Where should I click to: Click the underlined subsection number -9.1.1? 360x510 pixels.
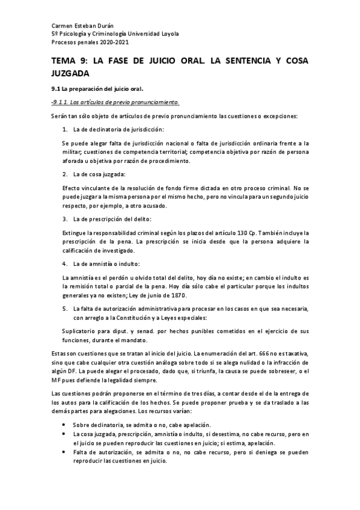(62, 102)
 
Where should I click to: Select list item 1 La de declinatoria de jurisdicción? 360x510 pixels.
(118, 129)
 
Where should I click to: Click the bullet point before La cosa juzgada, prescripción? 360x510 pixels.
(65, 434)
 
